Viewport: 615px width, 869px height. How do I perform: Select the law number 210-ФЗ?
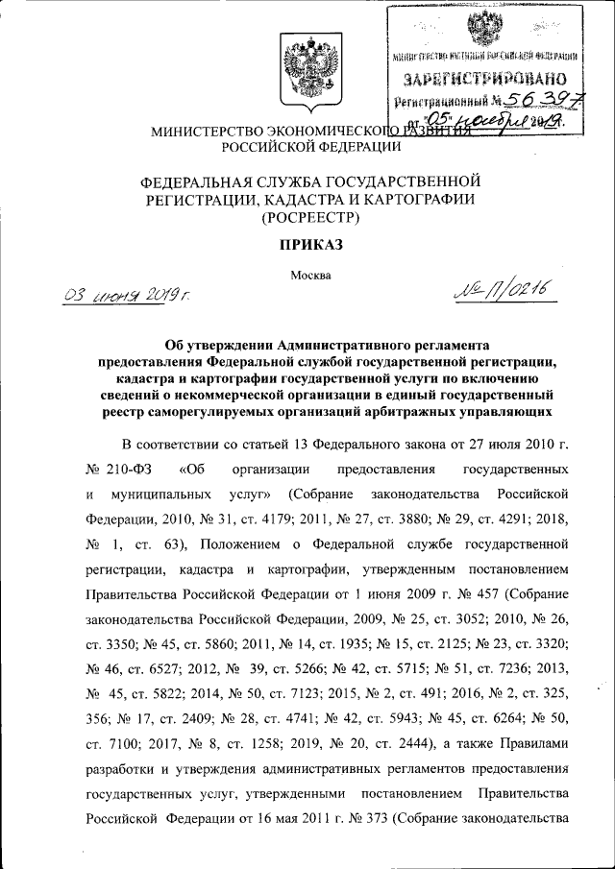pyautogui.click(x=121, y=471)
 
